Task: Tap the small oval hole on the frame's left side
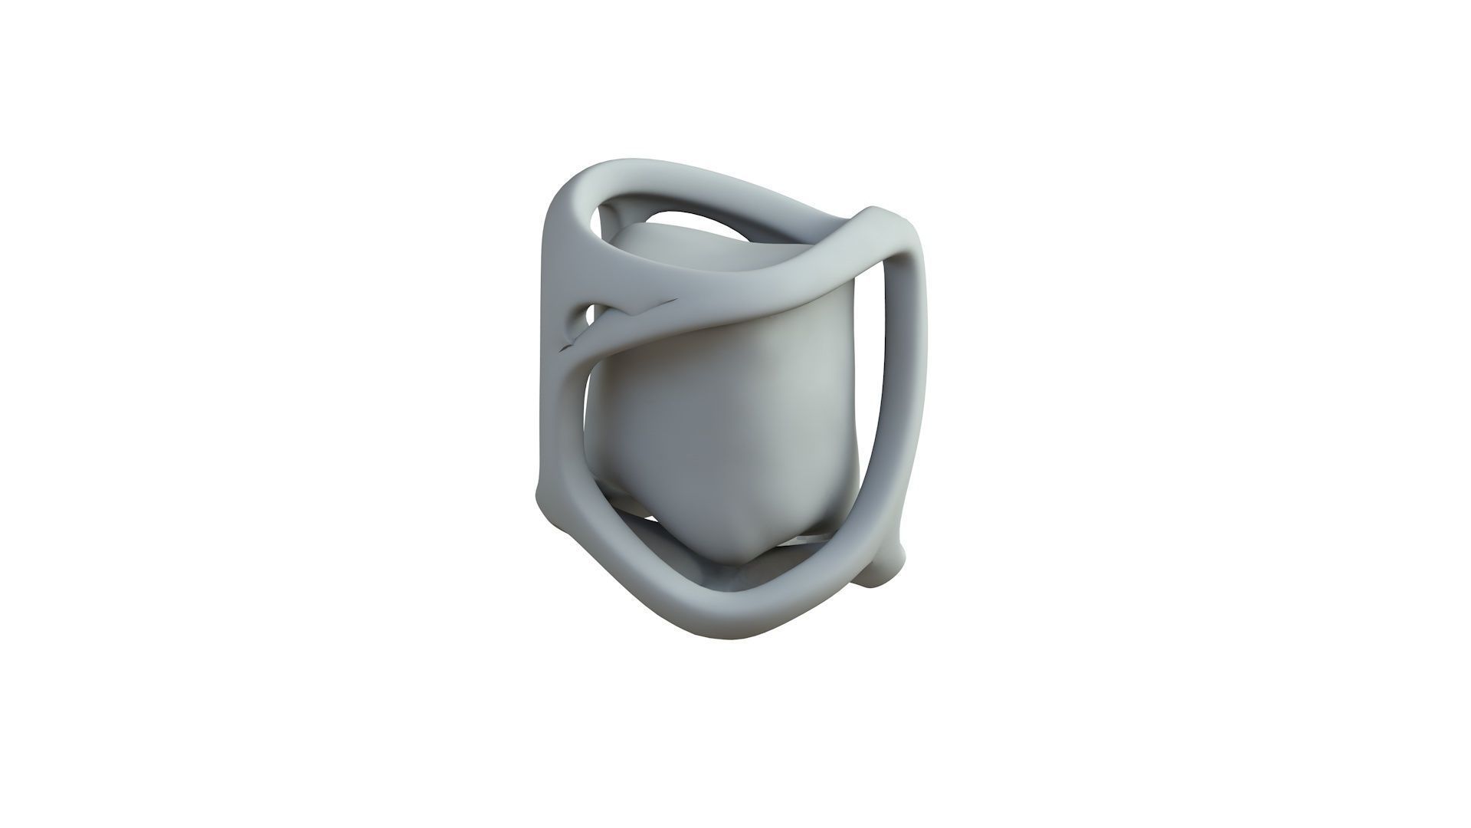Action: [x=588, y=314]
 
